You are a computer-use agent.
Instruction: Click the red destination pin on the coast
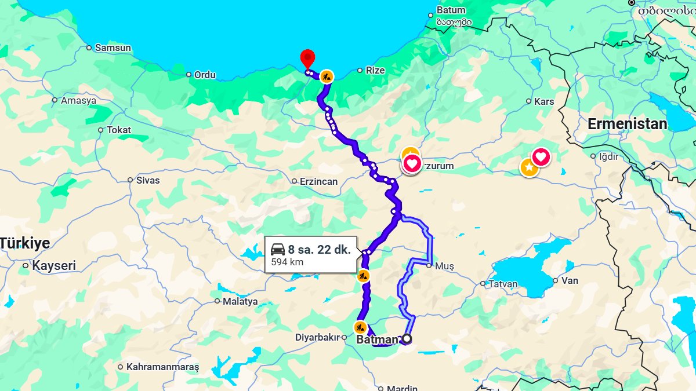point(307,59)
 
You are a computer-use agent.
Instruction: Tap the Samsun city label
point(113,47)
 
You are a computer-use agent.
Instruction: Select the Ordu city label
point(205,75)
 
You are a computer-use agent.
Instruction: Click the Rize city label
point(375,70)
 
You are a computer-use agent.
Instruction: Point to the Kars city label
point(543,101)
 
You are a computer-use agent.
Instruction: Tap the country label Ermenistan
point(627,124)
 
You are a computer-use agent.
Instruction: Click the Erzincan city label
point(318,181)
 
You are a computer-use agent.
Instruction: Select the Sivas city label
point(147,180)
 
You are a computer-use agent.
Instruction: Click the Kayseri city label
point(54,266)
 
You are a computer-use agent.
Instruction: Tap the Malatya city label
point(240,301)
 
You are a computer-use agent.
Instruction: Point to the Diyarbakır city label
point(316,338)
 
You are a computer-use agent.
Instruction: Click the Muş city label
point(443,266)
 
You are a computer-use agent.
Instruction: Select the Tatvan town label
point(503,284)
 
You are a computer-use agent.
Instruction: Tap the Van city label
point(570,280)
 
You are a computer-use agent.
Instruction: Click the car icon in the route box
point(278,249)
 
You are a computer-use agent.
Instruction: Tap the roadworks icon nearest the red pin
point(327,76)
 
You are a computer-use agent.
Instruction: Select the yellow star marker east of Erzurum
point(528,167)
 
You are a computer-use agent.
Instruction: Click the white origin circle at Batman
point(407,339)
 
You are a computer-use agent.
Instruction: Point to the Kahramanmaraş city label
point(162,367)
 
